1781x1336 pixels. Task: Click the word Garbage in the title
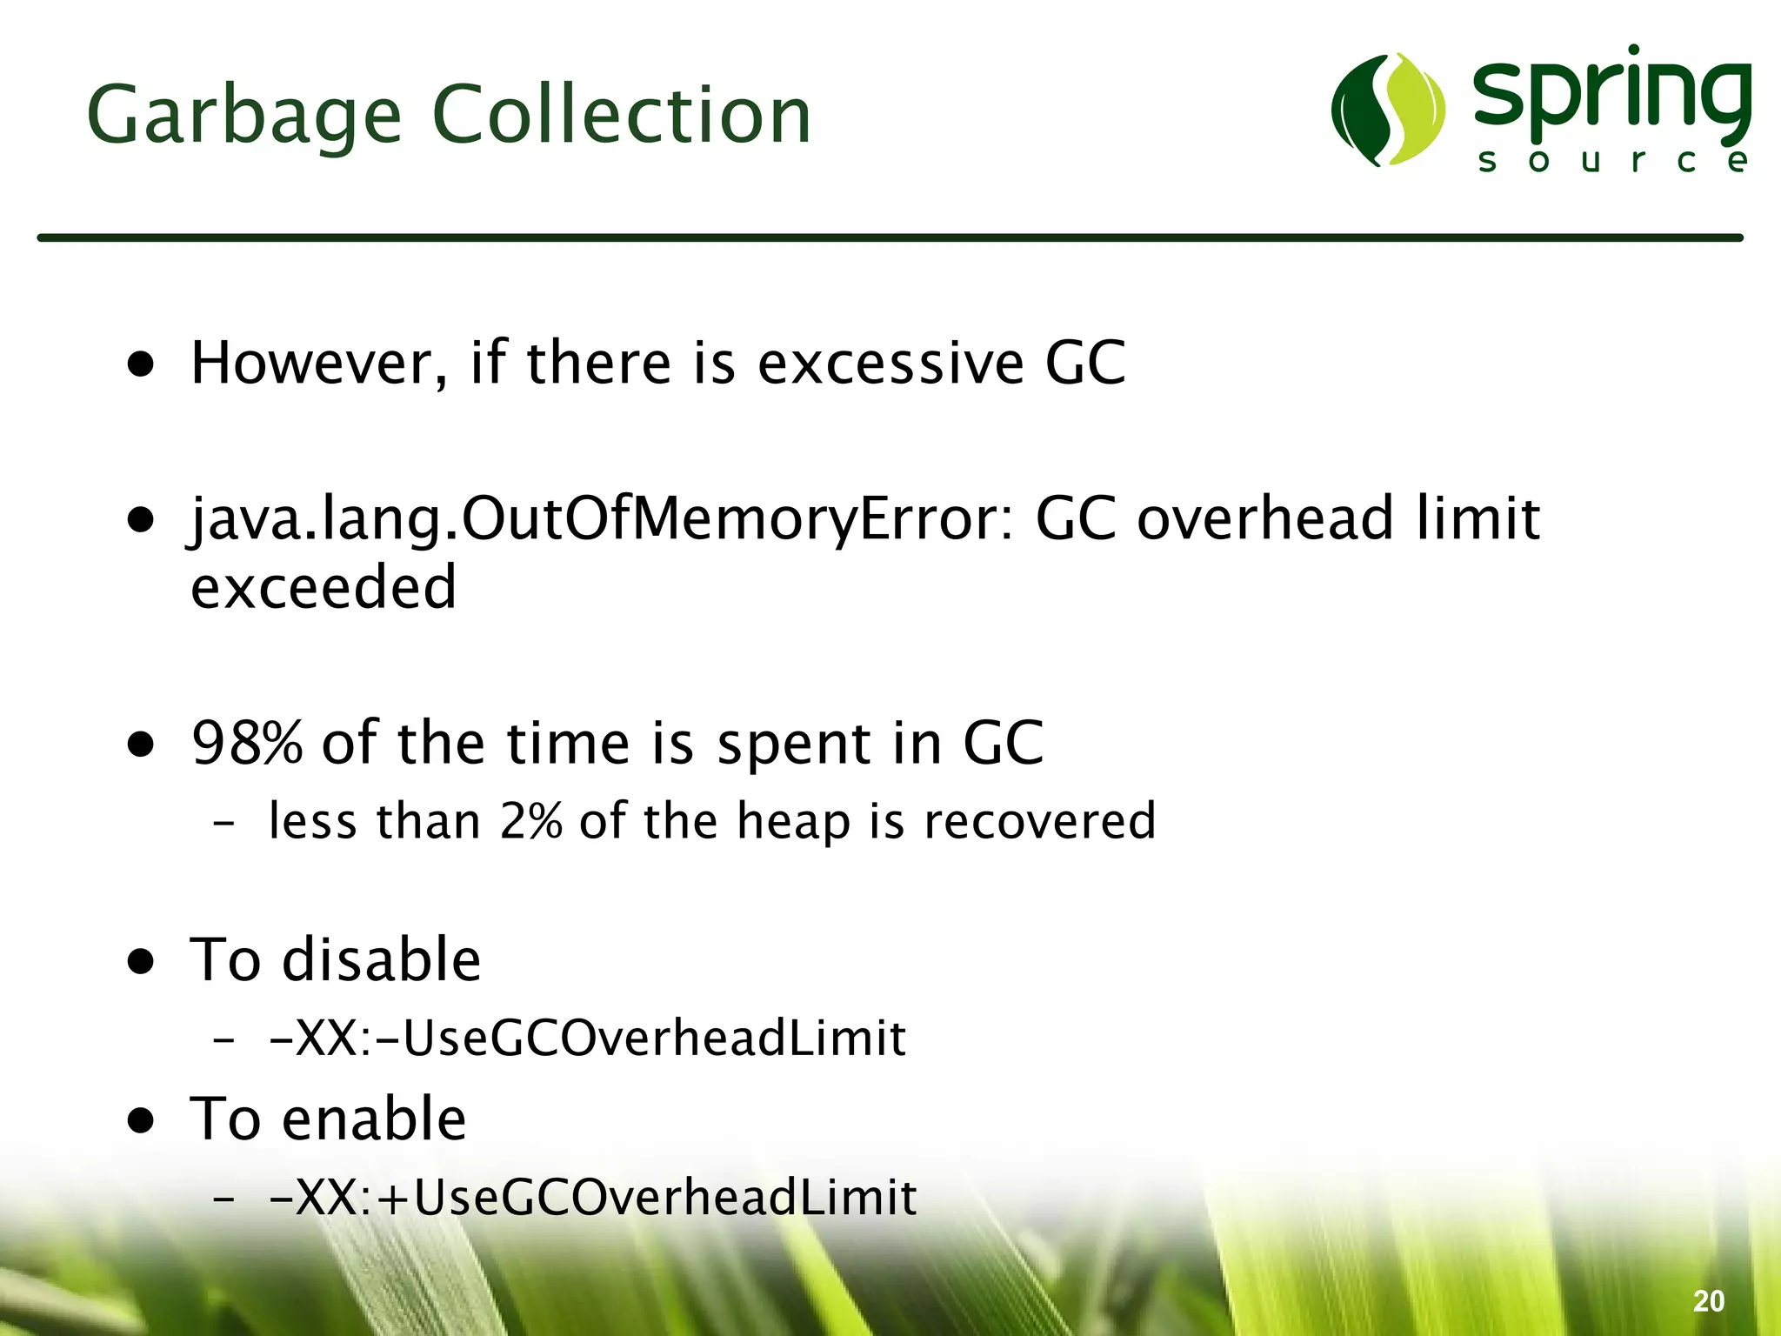point(243,116)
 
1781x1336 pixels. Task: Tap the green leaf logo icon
point(1387,110)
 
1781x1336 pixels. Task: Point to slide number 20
point(1708,1301)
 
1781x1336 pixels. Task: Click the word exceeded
point(324,587)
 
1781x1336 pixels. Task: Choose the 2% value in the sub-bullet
point(530,820)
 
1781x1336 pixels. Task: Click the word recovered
point(1039,820)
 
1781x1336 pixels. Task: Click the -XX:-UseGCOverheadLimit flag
point(588,1038)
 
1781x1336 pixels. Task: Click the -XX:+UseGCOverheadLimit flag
point(593,1197)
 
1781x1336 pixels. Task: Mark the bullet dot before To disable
point(141,962)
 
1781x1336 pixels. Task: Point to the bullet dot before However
point(141,364)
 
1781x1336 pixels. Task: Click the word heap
point(792,820)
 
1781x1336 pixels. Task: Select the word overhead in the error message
point(1266,519)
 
